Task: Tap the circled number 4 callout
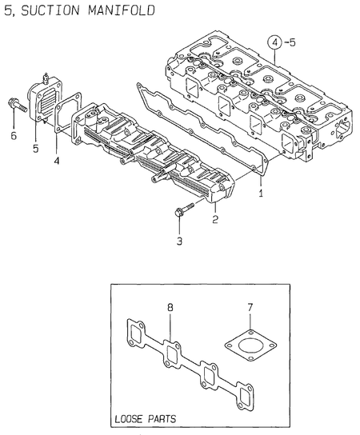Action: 274,42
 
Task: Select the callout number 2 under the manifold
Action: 214,217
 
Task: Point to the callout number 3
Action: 179,240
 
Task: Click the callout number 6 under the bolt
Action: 12,137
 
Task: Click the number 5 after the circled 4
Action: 293,42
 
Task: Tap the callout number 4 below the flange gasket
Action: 57,161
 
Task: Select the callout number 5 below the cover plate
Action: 35,149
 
